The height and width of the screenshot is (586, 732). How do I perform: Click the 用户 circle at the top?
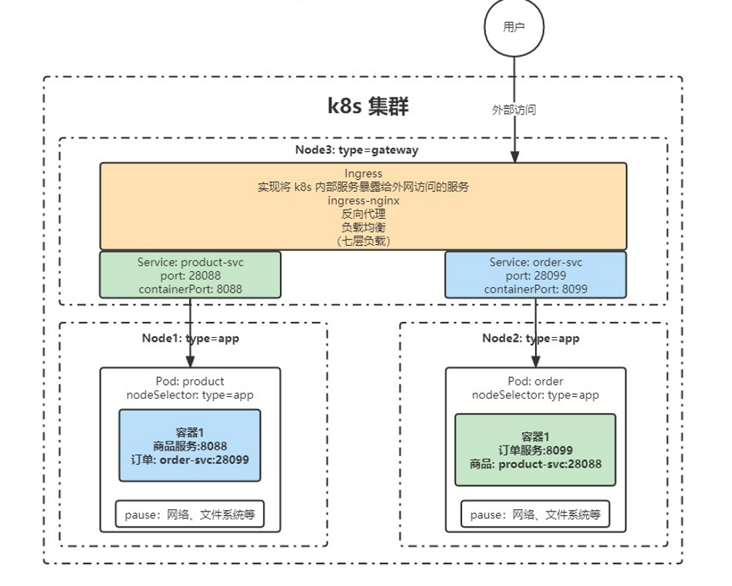click(x=513, y=28)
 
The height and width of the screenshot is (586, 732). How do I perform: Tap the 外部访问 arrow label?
click(x=514, y=110)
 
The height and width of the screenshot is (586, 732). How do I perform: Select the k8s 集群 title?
click(x=368, y=105)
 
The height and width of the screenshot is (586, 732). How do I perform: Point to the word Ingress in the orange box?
click(x=363, y=174)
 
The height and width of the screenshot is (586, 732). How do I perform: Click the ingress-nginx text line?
click(x=363, y=200)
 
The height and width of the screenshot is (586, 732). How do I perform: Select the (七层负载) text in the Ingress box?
click(x=363, y=240)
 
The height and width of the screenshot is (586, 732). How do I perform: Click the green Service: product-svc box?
click(x=190, y=275)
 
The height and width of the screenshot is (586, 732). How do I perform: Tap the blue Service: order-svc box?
click(x=536, y=275)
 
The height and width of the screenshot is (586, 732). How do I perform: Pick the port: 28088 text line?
click(x=190, y=275)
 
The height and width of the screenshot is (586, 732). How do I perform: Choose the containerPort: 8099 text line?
click(x=536, y=288)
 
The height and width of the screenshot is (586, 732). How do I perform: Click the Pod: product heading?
click(x=190, y=381)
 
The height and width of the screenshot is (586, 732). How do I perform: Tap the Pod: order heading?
click(x=535, y=382)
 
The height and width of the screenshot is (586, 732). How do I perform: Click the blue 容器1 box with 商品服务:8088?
click(x=189, y=446)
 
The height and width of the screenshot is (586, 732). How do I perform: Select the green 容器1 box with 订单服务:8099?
click(x=535, y=450)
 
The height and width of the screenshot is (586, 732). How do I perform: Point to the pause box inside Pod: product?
click(x=189, y=515)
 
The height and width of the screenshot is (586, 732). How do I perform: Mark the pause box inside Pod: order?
click(x=535, y=515)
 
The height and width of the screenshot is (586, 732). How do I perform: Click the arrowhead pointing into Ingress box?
click(x=514, y=157)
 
